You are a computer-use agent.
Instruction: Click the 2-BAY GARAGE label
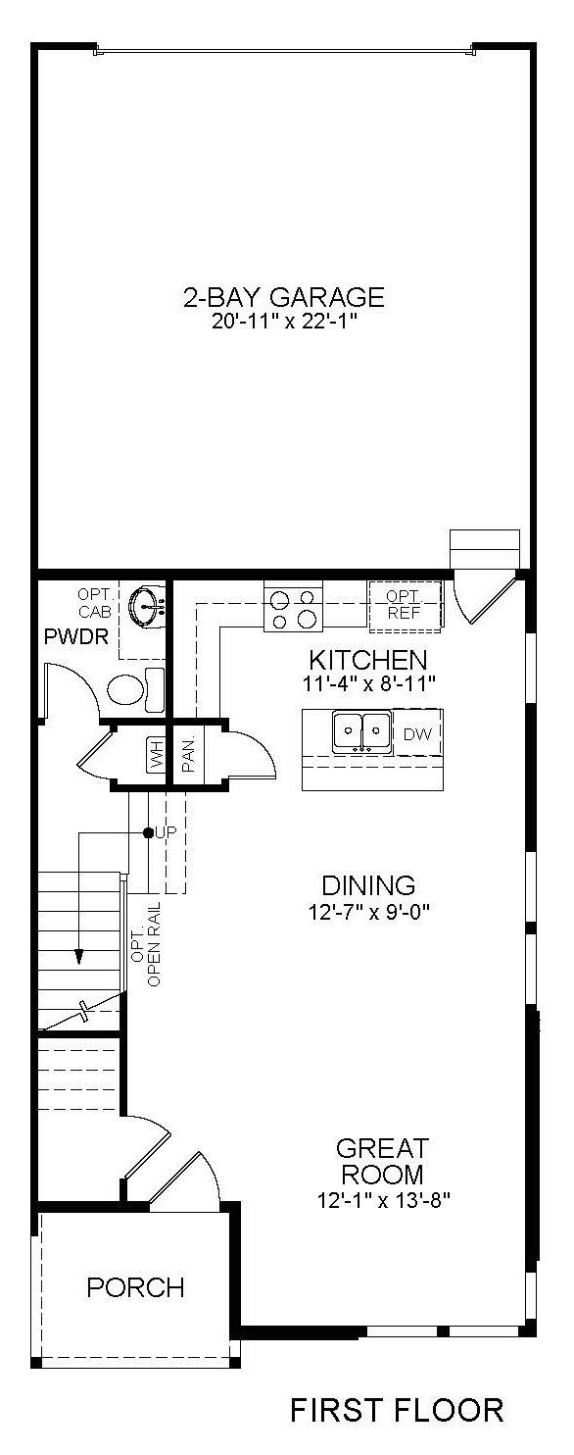[x=283, y=297]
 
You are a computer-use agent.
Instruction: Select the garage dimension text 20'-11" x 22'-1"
[x=283, y=323]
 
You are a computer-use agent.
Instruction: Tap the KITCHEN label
[x=367, y=659]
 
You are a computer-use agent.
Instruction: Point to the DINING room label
[x=367, y=885]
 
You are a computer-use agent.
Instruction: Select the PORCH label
[x=135, y=1287]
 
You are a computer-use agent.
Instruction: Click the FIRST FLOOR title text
[x=397, y=1410]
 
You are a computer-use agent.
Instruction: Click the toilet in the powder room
[x=134, y=688]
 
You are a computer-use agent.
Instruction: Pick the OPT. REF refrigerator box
[x=403, y=604]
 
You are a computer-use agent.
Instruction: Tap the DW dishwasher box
[x=418, y=734]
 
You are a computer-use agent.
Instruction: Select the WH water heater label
[x=155, y=755]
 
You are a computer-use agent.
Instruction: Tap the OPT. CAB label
[x=96, y=604]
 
